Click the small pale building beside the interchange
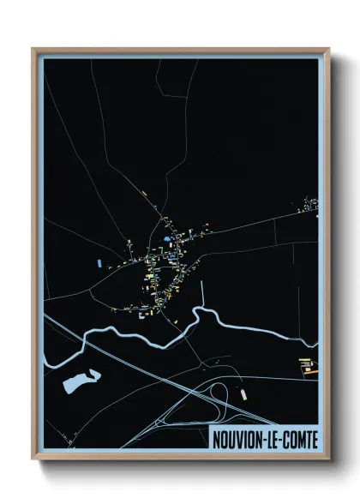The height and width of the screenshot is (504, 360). (x=243, y=393)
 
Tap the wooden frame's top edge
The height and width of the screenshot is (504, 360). (x=180, y=51)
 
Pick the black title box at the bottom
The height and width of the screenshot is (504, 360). (x=265, y=438)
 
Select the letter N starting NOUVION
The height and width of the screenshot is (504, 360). (x=216, y=439)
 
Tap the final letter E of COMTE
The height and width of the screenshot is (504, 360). (x=314, y=439)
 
